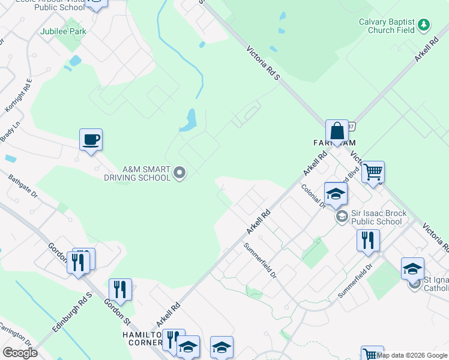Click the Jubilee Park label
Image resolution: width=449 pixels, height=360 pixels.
point(62,32)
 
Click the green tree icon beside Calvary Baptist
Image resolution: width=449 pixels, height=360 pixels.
point(424,25)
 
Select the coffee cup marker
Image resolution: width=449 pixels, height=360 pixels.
point(91,140)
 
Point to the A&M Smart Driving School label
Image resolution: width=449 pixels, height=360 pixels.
point(137,173)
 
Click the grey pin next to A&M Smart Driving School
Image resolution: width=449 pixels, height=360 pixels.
point(179,173)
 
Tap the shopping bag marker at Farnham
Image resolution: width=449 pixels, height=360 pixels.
point(337,131)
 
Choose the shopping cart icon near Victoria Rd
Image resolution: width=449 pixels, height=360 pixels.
point(373,172)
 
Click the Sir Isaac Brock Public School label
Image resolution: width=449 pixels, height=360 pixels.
point(379,217)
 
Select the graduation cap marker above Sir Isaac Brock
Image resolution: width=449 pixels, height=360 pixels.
point(336,193)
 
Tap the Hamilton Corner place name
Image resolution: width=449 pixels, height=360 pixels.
point(140,338)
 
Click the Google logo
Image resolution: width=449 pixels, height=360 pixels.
point(20,353)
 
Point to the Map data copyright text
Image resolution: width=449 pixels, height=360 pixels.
point(412,355)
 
